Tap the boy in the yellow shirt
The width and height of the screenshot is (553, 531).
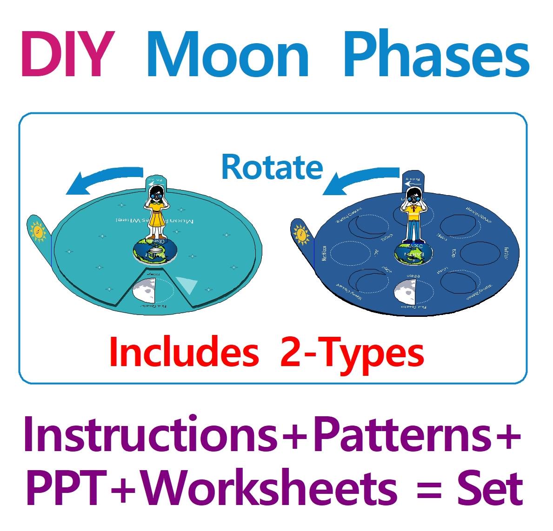point(413,216)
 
